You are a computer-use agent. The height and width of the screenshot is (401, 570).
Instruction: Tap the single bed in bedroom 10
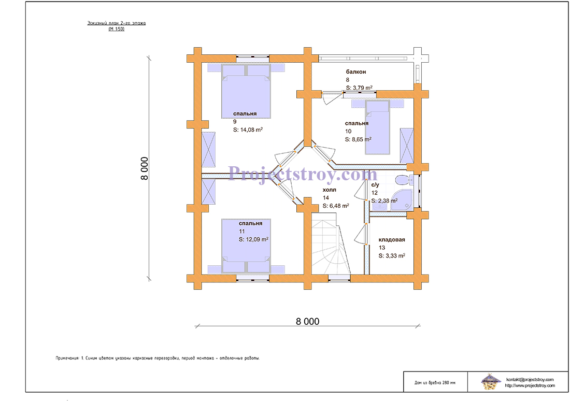pos(377,127)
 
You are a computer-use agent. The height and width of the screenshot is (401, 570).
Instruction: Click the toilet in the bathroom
pos(401,181)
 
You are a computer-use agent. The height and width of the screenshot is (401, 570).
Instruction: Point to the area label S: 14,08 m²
pos(248,130)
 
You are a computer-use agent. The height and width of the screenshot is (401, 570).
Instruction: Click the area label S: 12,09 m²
pos(253,240)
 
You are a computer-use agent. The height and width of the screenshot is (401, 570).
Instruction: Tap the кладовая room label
pos(391,240)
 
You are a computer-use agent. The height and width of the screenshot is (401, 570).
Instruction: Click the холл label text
pos(329,190)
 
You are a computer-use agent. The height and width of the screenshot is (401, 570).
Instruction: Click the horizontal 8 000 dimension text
pos(307,321)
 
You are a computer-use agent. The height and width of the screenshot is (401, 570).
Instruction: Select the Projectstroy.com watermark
pos(303,174)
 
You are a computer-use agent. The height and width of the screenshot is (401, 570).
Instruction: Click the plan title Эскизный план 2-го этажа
pos(116,24)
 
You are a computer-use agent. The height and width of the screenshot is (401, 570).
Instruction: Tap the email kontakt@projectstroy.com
pos(530,379)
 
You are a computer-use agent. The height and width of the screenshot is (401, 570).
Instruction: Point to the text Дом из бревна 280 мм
pos(435,383)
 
